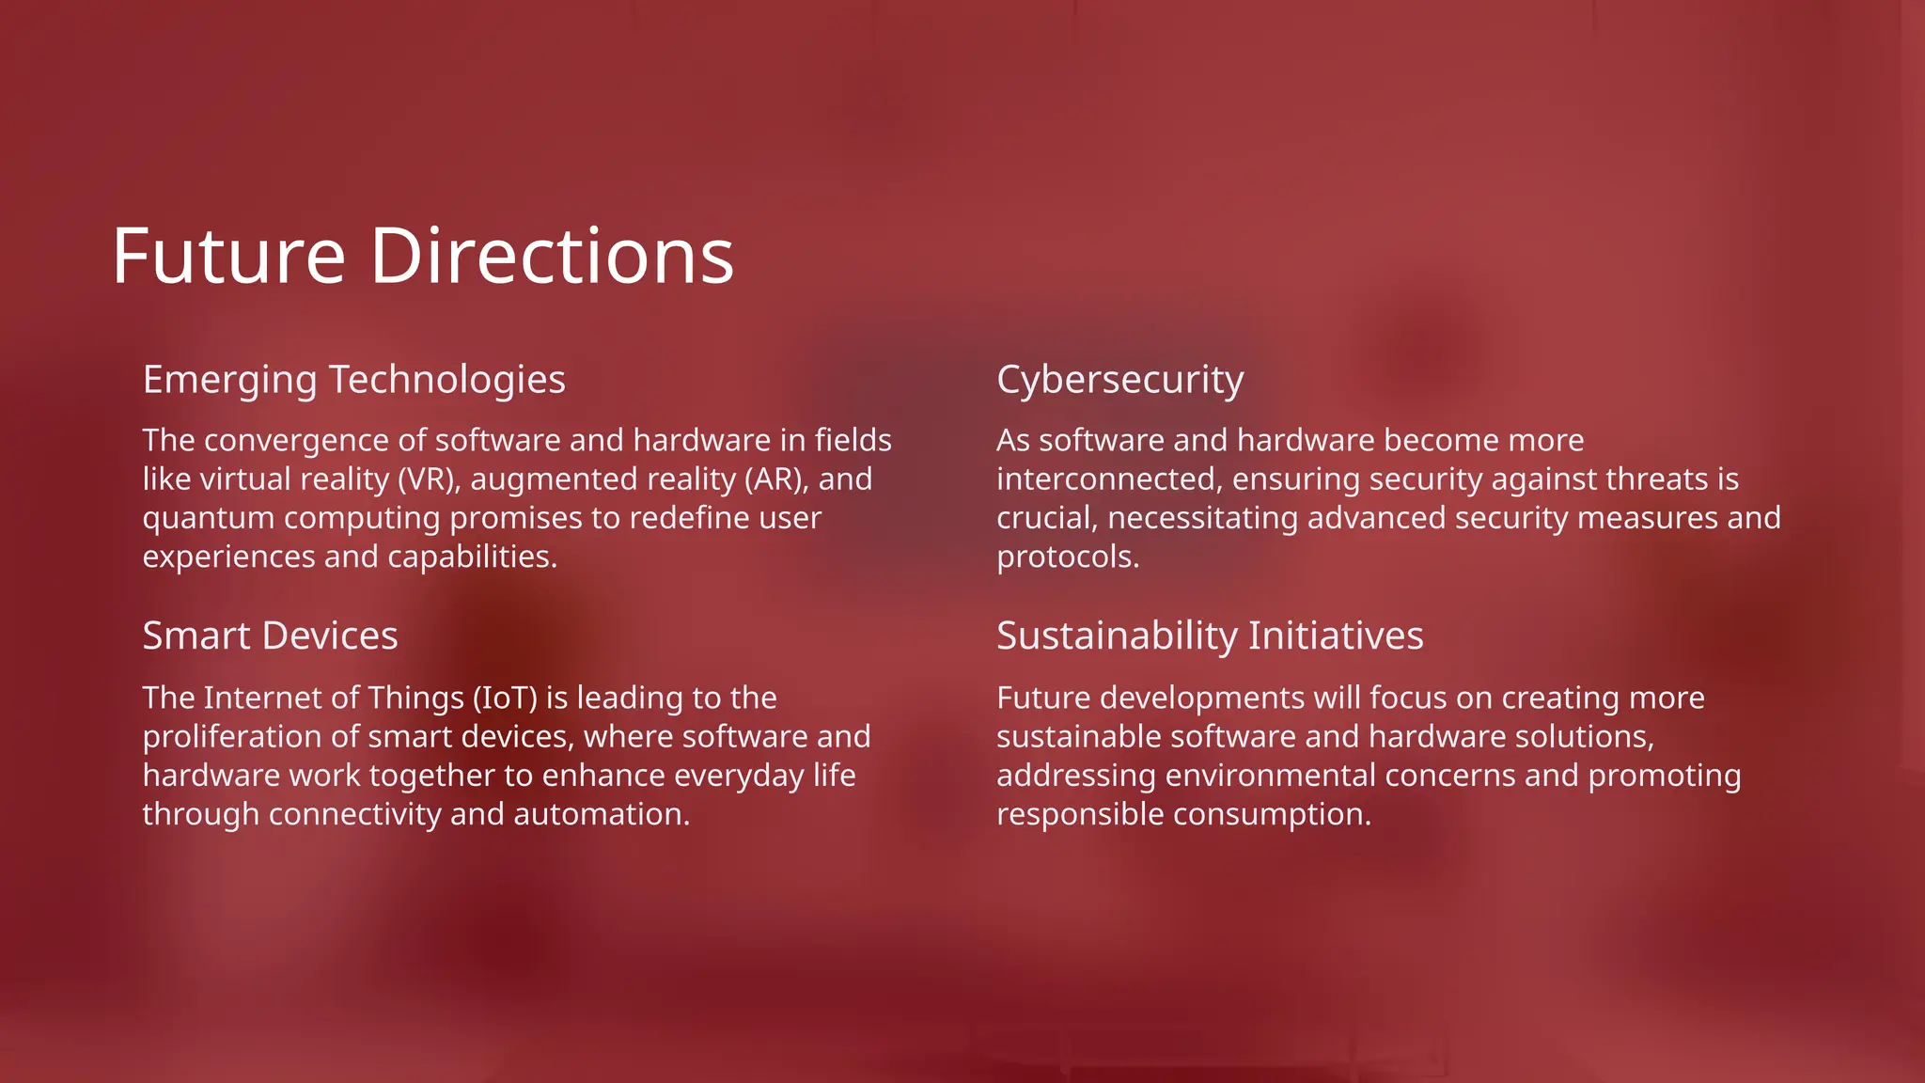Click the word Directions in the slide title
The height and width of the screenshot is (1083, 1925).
coord(552,256)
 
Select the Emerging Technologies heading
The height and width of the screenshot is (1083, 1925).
coord(353,380)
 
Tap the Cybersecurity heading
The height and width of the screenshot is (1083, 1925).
coord(1119,380)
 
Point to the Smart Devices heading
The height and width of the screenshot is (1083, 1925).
coord(270,636)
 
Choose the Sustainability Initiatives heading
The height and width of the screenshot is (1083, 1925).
coord(1210,636)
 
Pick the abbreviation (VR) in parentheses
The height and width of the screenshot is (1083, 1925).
coord(429,479)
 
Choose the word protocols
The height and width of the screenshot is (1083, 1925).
coord(1067,557)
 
